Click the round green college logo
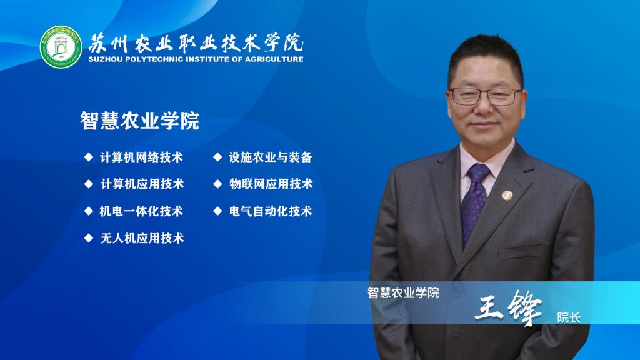point(61,47)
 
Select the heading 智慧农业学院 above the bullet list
point(139,121)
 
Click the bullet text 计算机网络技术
point(141,157)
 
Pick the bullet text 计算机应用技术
point(142,184)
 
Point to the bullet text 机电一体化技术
point(141,211)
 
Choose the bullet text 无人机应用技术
point(142,238)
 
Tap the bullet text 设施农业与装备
point(270,157)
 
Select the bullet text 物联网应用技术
point(271,184)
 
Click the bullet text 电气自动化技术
point(271,211)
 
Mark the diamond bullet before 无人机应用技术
point(89,238)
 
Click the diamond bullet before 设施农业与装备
point(217,157)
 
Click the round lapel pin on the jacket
point(507,196)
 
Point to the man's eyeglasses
point(485,96)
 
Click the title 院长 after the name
point(569,317)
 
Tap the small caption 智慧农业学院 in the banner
point(403,292)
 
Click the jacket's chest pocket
point(524,251)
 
